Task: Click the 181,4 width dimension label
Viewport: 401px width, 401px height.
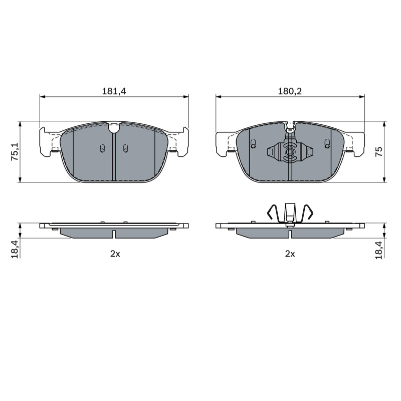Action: click(x=114, y=91)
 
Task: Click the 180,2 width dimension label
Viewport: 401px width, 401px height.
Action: click(x=290, y=91)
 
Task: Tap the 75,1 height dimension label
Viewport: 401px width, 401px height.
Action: click(x=15, y=152)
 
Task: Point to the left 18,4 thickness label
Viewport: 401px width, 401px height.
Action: click(x=15, y=249)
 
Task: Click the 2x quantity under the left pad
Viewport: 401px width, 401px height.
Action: click(x=115, y=254)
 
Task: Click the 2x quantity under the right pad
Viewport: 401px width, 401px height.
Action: click(x=290, y=254)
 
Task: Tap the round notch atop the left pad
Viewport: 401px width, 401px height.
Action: click(x=114, y=128)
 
